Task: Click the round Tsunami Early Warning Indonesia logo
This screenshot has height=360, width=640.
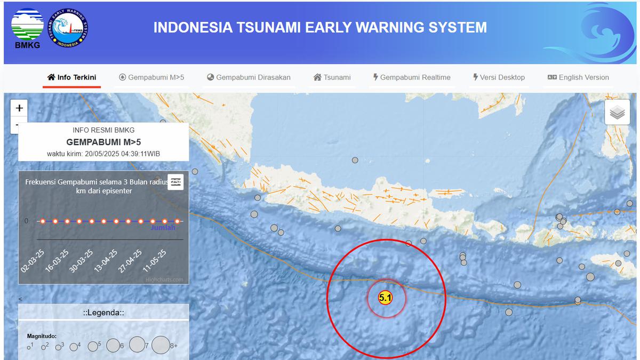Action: coord(69,29)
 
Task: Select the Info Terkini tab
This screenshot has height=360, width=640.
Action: coord(71,77)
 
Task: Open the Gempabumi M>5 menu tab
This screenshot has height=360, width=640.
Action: coord(151,77)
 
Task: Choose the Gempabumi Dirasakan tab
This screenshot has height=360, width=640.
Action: coord(249,77)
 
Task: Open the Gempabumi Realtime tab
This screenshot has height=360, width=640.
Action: coord(411,77)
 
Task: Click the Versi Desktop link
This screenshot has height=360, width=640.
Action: coord(499,77)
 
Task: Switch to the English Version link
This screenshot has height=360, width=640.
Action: coord(578,77)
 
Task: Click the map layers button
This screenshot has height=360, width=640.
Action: coord(617,112)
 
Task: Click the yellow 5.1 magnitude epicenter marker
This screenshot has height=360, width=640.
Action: coord(385,298)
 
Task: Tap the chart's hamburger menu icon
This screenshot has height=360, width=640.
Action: coord(175,182)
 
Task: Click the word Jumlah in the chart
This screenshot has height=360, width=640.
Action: coord(163,228)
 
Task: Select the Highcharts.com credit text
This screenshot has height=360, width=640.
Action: coord(164,279)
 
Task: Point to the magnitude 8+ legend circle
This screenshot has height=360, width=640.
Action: coord(161,345)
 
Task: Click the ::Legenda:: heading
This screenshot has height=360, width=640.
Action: coord(103,313)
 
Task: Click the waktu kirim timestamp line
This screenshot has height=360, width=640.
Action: coord(103,154)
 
